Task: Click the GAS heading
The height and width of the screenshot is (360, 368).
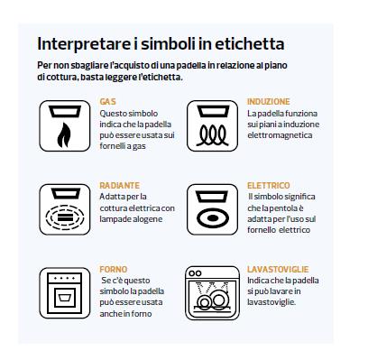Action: click(x=107, y=102)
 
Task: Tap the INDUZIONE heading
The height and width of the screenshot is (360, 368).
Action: click(x=268, y=102)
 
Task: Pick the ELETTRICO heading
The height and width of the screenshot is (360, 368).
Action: click(x=268, y=185)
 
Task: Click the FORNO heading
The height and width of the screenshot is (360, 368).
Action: click(x=114, y=269)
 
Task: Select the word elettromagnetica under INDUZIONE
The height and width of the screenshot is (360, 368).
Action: click(x=280, y=135)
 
